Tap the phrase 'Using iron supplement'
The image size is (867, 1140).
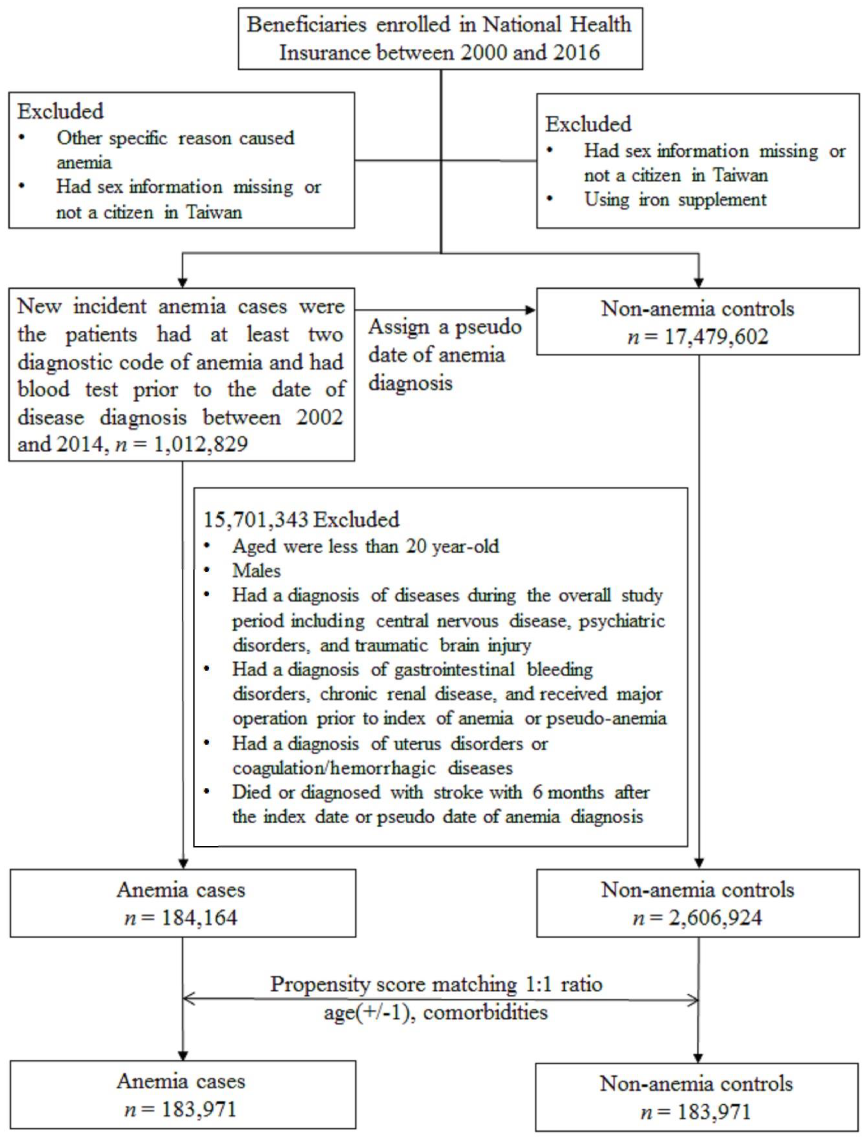[x=675, y=200]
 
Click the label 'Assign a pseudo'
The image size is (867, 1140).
[x=444, y=327]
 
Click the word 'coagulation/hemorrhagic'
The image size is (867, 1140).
[x=334, y=768]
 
